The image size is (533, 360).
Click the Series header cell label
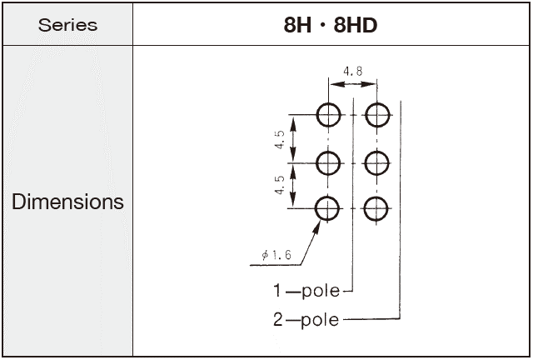click(x=67, y=24)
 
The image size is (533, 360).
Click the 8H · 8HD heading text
click(x=330, y=24)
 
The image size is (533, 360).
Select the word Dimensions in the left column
click(x=67, y=202)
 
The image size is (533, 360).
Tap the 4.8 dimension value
click(x=352, y=72)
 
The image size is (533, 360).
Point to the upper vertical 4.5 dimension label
click(x=281, y=139)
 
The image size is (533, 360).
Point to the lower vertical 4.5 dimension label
click(x=281, y=186)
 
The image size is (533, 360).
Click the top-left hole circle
click(x=328, y=114)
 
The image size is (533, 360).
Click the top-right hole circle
click(x=377, y=114)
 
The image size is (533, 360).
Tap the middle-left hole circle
click(x=328, y=162)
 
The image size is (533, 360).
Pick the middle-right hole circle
click(x=377, y=162)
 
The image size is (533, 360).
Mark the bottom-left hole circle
click(x=328, y=208)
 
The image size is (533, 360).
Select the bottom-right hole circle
click(x=377, y=208)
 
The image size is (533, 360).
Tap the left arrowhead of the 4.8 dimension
click(x=333, y=84)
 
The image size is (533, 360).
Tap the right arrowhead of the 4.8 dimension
click(x=372, y=84)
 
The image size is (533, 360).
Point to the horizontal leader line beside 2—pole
click(x=371, y=319)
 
